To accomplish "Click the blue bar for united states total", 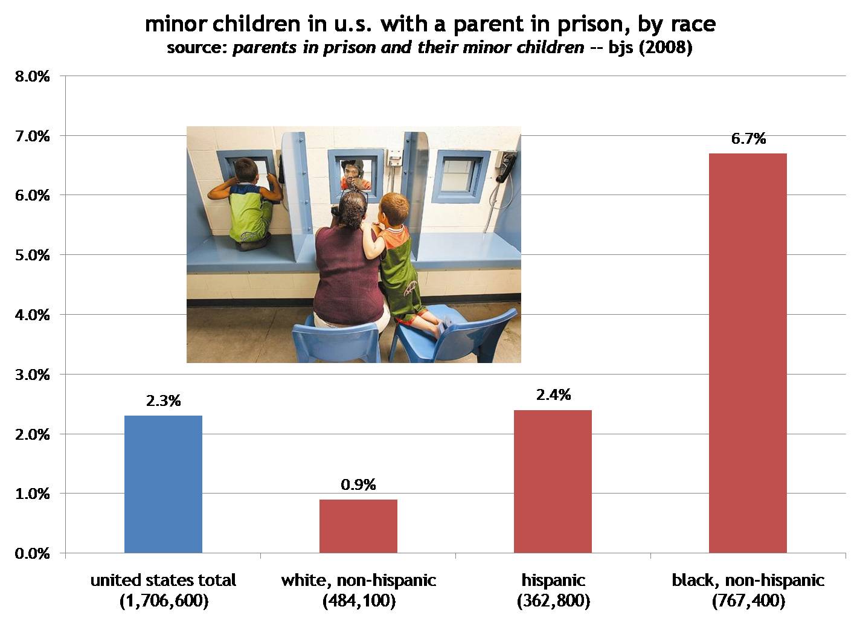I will (163, 484).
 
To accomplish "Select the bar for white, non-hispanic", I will (358, 526).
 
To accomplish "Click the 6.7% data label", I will (748, 139).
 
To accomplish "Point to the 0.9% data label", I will (358, 484).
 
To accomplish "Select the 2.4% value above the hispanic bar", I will (553, 395).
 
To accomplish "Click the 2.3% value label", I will (163, 400).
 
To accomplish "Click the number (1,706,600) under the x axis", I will (163, 601).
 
